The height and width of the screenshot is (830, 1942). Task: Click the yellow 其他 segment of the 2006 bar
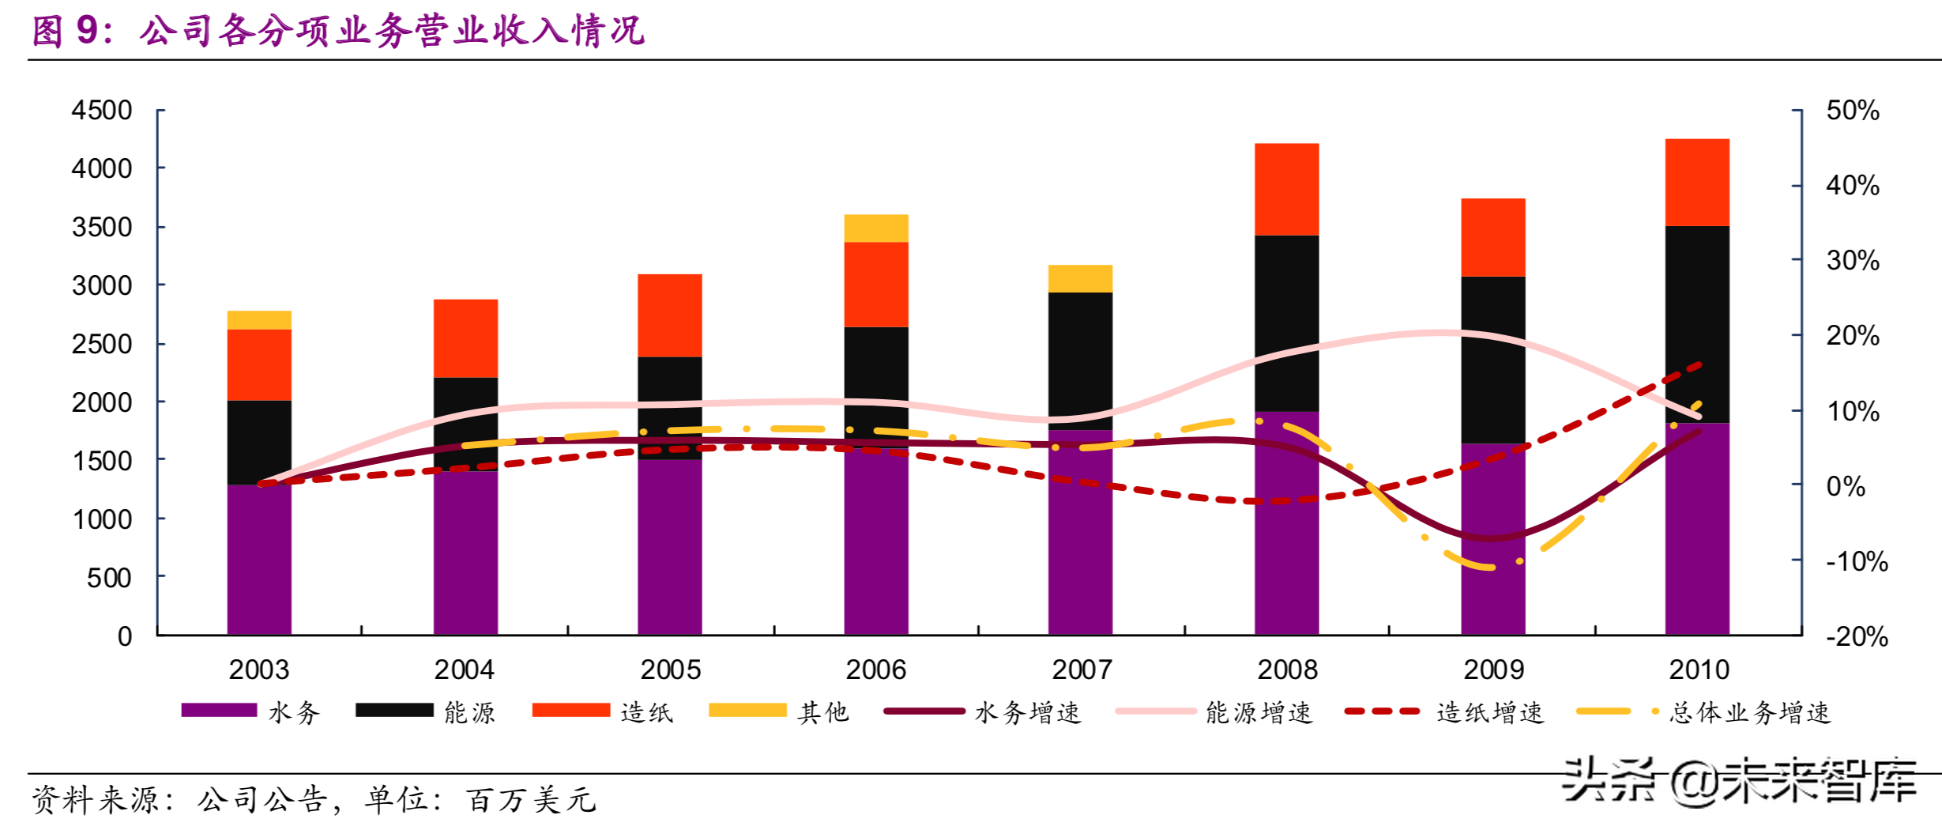click(x=875, y=228)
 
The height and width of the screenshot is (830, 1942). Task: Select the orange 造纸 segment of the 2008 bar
click(x=1286, y=190)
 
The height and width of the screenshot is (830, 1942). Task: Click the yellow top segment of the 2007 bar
click(x=1080, y=279)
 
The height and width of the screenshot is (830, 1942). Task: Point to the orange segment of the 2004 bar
click(x=465, y=338)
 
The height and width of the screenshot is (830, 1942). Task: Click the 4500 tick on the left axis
click(x=102, y=110)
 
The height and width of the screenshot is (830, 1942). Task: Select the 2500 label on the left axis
click(x=102, y=344)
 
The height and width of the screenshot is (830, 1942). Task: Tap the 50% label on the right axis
click(x=1852, y=110)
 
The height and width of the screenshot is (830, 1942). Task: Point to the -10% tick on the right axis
click(x=1856, y=561)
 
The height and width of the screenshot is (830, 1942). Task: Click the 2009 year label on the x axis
click(x=1493, y=670)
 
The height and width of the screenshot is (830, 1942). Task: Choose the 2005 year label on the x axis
click(x=670, y=670)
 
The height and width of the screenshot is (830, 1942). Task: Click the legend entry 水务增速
click(x=1027, y=712)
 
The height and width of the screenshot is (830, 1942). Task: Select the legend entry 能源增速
click(x=1258, y=712)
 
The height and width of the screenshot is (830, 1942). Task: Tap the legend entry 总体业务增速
click(x=1749, y=712)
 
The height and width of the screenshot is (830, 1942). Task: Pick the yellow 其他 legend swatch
click(x=747, y=710)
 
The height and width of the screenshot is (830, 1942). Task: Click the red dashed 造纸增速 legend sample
click(x=1382, y=711)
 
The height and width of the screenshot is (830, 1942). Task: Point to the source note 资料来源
click(x=95, y=800)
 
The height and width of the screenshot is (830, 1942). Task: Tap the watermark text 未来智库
click(x=1817, y=781)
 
